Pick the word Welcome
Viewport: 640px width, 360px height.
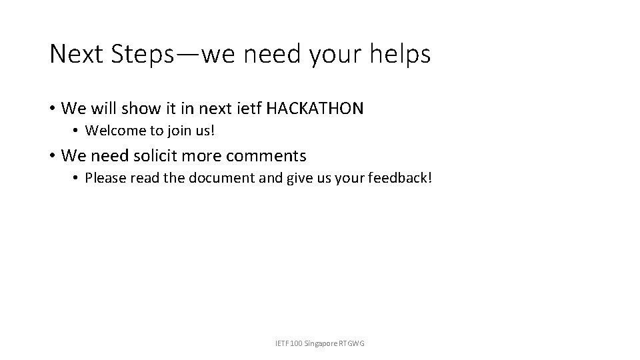click(109, 130)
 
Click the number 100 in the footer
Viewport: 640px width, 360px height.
click(293, 343)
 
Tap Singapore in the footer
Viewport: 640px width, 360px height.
click(320, 343)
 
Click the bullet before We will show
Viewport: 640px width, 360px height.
click(52, 108)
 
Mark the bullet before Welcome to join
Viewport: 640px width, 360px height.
click(76, 131)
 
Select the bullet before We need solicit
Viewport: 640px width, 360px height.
click(52, 156)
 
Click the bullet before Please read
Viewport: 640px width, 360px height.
click(76, 179)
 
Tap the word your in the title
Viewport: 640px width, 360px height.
click(333, 54)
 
